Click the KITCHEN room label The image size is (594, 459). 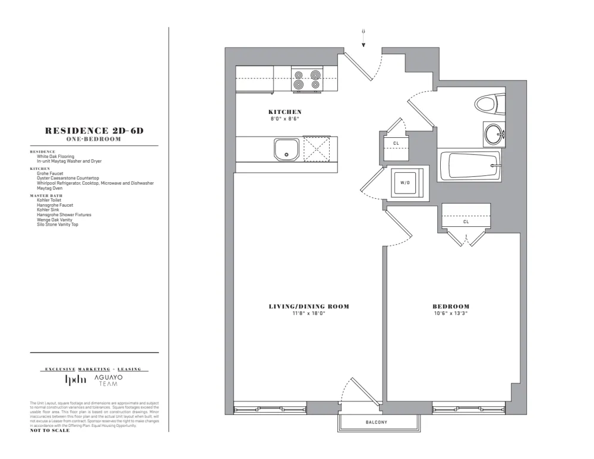(285, 112)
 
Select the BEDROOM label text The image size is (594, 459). (450, 306)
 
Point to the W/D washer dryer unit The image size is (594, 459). (405, 183)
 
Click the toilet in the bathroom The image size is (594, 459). (488, 106)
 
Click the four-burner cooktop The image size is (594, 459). (307, 80)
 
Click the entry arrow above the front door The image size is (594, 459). (364, 37)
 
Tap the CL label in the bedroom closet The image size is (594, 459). (466, 222)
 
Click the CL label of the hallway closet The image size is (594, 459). (396, 143)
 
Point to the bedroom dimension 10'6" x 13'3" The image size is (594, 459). (450, 314)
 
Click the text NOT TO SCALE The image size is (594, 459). (49, 430)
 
